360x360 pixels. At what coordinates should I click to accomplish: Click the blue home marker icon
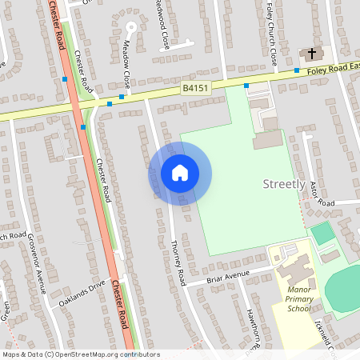[180, 173]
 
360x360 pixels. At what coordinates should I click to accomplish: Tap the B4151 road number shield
[196, 89]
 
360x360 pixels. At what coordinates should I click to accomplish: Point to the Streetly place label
[284, 185]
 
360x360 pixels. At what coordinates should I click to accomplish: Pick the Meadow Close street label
[126, 64]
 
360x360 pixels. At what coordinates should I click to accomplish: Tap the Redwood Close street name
[163, 29]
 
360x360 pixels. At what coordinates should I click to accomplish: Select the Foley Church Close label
[272, 36]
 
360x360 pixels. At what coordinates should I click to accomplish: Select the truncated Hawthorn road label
[254, 330]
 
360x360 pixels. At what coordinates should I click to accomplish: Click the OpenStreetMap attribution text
[80, 354]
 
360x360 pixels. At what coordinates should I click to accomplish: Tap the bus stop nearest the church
[296, 70]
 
